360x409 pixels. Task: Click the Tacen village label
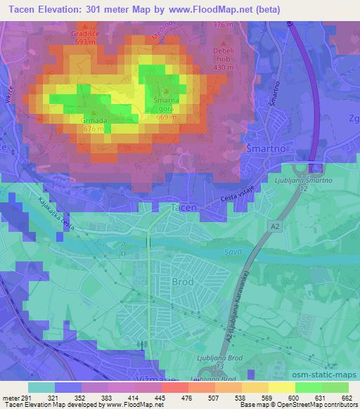tap(184, 208)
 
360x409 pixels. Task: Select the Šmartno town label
tap(264, 149)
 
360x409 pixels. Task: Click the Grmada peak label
tap(93, 120)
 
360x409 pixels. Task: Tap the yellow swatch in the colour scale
tap(282, 387)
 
